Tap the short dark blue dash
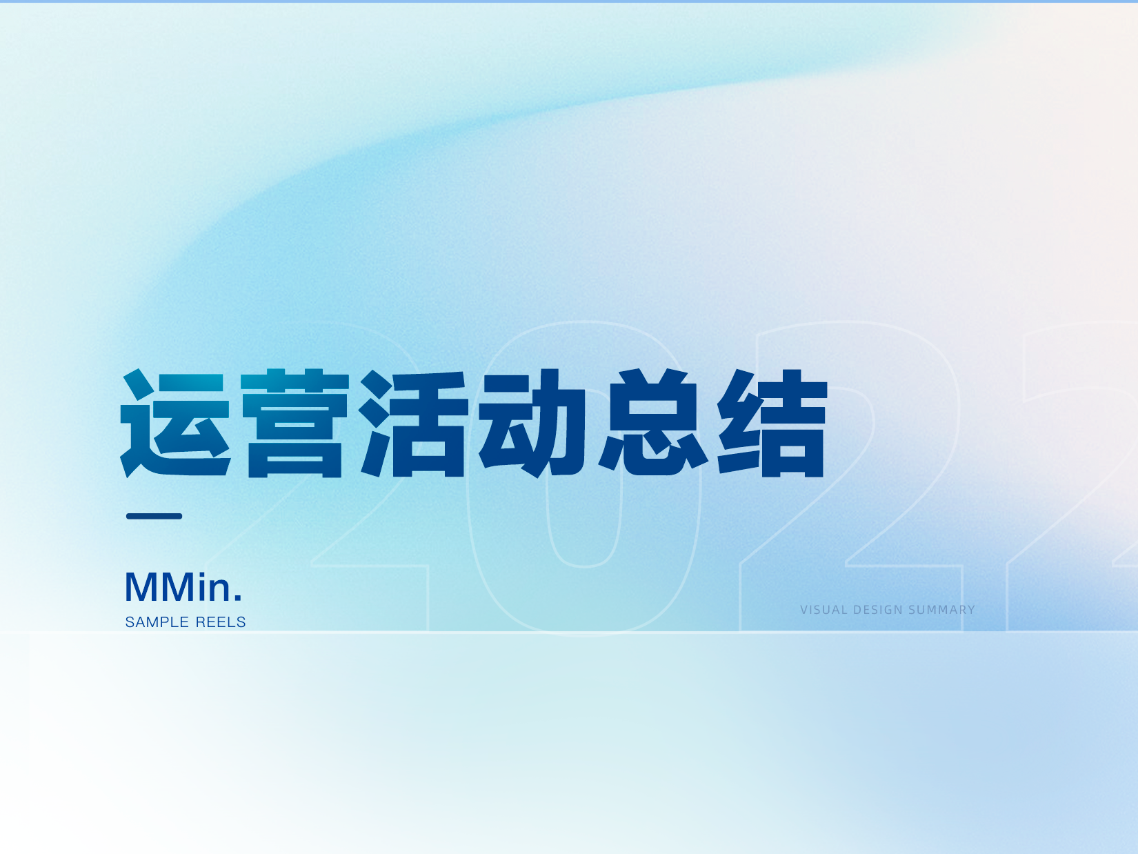pos(154,516)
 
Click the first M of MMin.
pos(141,587)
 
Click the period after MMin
pos(238,597)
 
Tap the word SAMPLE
pos(157,622)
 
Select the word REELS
pos(221,622)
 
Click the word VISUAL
pos(823,610)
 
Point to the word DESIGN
pos(878,610)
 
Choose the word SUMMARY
pos(941,610)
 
